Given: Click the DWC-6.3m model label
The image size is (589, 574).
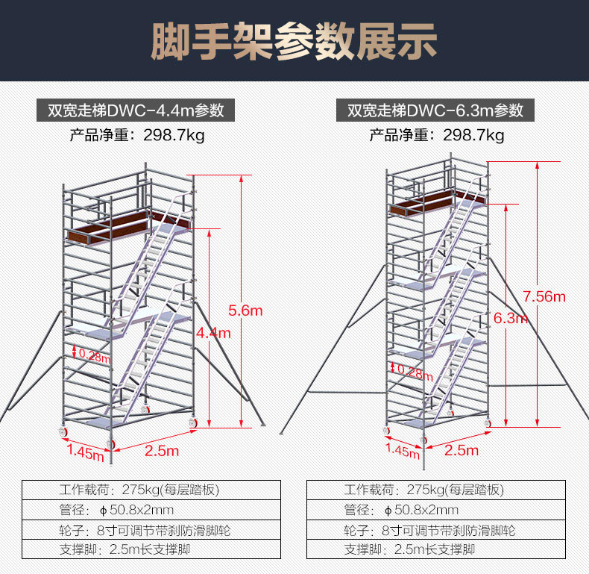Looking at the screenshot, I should tap(435, 110).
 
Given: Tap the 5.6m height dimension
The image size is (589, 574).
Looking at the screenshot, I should tap(245, 310).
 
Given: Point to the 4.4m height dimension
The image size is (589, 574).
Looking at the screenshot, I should tap(212, 333).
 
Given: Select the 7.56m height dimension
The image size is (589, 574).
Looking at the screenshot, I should tap(544, 296).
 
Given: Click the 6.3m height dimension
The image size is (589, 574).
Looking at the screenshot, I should tap(511, 319).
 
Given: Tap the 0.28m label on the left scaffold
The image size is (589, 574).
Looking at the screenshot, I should tap(94, 356).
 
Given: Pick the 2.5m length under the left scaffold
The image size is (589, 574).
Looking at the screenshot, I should tap(162, 451).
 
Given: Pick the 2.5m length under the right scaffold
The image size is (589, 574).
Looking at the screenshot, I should tap(461, 450).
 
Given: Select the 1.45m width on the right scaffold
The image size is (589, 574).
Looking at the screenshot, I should tap(403, 450).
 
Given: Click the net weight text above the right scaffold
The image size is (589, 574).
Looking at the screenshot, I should tap(437, 135).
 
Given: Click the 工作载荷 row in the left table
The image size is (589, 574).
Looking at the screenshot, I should tap(151, 490).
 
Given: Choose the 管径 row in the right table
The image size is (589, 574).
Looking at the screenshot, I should tap(436, 511).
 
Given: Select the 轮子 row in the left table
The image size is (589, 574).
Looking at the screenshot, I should tap(151, 531).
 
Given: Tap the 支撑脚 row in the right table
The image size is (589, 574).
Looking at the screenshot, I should tap(436, 550).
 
